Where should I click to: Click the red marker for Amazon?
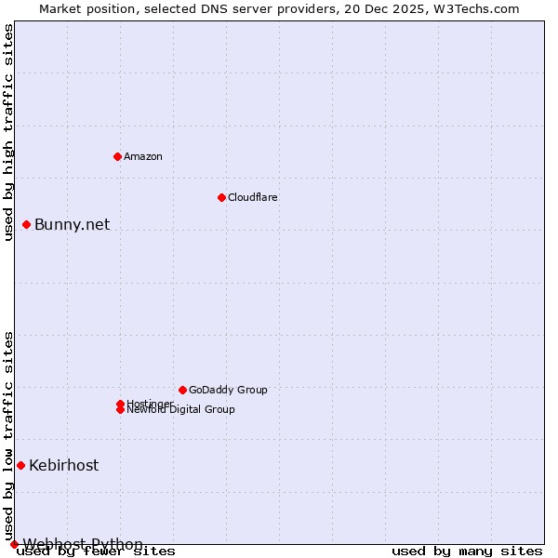point(118,156)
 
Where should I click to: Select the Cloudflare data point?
point(221,197)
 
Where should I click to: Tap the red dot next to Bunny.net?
point(27,224)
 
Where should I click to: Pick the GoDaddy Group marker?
point(182,390)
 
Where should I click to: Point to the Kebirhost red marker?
point(20,465)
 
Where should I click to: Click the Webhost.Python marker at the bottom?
point(14,544)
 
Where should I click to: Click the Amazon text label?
point(143,156)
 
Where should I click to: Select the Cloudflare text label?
point(252,197)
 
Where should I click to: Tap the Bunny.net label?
point(72,224)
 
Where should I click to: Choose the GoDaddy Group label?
point(228,390)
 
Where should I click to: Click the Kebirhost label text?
point(63,465)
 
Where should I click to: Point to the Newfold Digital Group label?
point(181,410)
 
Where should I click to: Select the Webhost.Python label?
point(83,544)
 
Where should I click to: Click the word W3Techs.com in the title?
point(474,8)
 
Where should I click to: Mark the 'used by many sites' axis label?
point(466,551)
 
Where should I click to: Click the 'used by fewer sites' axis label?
point(97,551)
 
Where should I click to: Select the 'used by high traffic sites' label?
point(8,132)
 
